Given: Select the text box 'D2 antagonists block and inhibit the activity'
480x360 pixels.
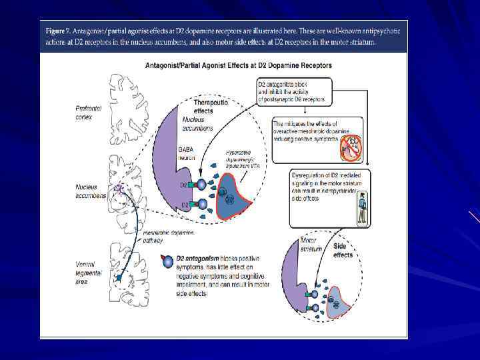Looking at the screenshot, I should (x=295, y=92).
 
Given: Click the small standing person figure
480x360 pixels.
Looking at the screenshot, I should (x=362, y=207).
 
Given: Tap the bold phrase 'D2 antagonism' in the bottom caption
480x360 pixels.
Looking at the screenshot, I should (x=198, y=257).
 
